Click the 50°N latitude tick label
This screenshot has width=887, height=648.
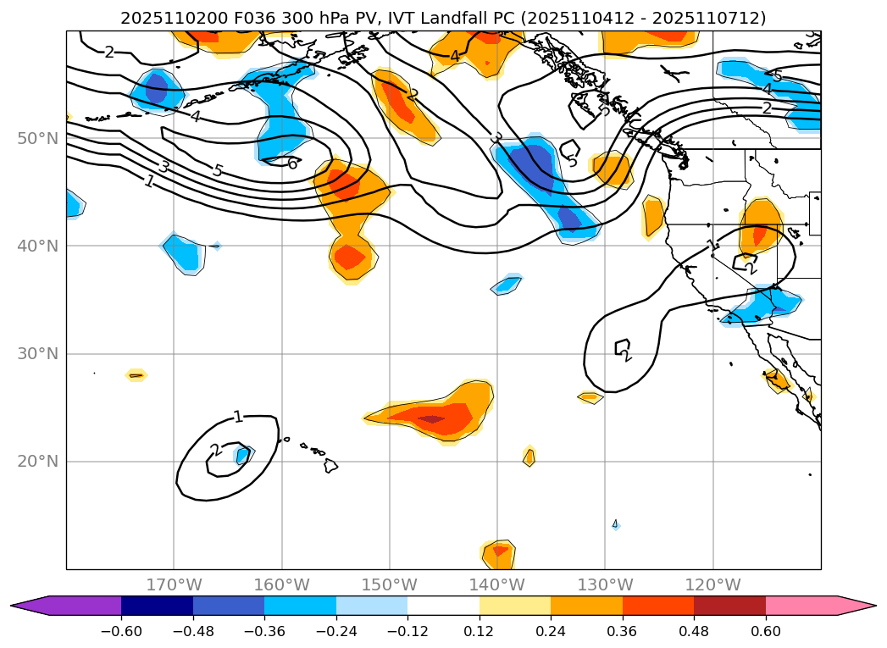37,138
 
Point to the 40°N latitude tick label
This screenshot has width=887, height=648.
37,246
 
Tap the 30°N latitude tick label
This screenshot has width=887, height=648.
37,354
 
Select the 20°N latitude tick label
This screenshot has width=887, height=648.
37,462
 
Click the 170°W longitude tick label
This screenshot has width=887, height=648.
174,584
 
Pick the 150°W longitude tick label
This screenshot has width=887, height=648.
390,584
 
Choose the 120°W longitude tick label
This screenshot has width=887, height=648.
713,584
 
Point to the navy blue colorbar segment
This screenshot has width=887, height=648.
157,605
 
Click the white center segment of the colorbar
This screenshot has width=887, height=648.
443,605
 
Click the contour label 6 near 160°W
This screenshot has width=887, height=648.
292,163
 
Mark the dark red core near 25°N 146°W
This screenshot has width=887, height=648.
430,418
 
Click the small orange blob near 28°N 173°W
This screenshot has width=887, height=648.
136,374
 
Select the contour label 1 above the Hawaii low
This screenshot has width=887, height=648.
238,416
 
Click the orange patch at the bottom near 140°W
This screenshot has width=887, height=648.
499,554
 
